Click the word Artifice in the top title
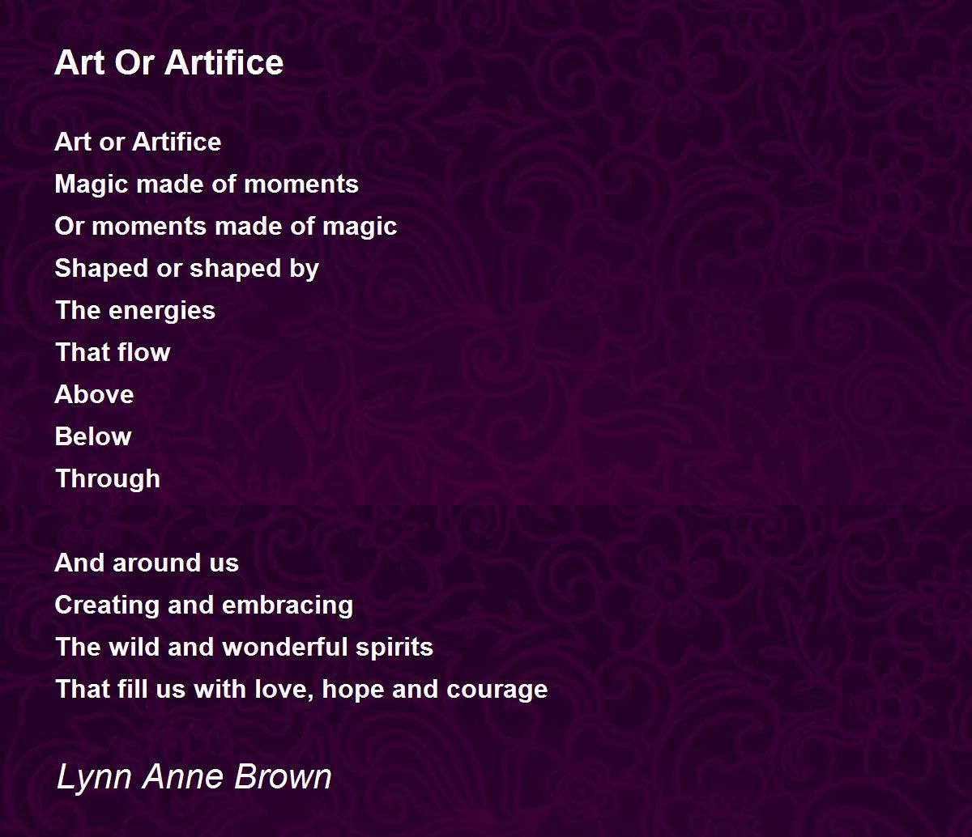coord(224,62)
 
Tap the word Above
coord(94,394)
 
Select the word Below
coord(93,436)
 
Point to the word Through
coord(108,479)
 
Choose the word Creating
coord(107,605)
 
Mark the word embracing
coord(288,605)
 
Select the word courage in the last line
coord(497,690)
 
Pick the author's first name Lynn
coord(95,778)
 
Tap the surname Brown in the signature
coord(283,776)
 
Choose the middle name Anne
coord(183,776)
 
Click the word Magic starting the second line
coord(92,185)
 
